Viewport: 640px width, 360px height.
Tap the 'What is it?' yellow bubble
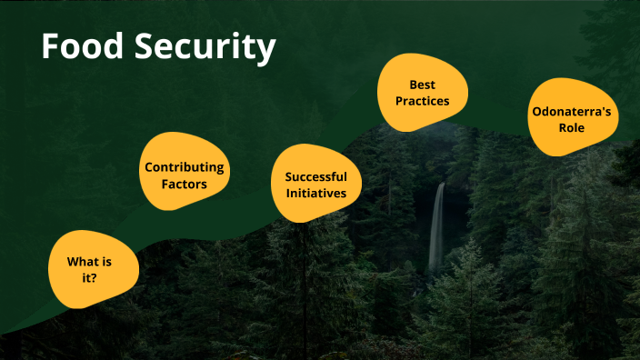click(93, 269)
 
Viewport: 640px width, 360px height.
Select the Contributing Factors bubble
click(184, 175)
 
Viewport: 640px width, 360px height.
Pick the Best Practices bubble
click(423, 92)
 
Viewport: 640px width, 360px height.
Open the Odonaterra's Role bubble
click(571, 119)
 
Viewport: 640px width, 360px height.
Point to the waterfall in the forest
click(437, 227)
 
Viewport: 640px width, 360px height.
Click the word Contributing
click(184, 167)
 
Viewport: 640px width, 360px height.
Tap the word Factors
click(184, 184)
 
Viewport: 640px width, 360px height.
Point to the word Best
click(423, 84)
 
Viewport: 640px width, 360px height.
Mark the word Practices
click(423, 100)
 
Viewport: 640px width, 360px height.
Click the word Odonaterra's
click(571, 111)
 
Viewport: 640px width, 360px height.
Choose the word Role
click(571, 128)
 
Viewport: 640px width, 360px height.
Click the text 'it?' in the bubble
click(90, 277)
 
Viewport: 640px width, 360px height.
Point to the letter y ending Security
click(264, 52)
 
